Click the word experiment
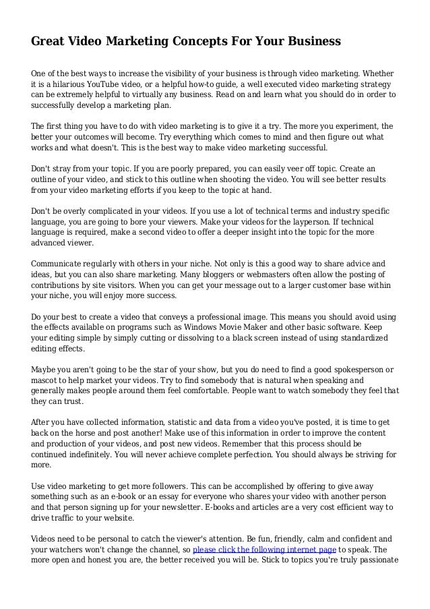click(341, 126)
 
